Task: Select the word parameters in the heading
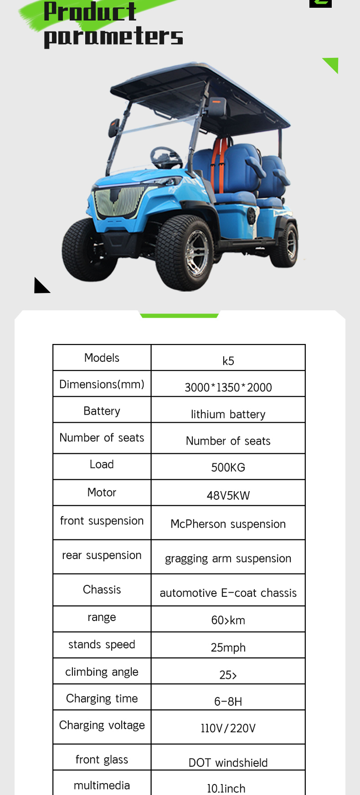[113, 37]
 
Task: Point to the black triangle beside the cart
[41, 286]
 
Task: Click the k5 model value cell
[228, 361]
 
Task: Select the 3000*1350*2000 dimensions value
[228, 387]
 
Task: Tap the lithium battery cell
[228, 414]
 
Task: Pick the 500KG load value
[228, 467]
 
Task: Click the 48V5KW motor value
[228, 495]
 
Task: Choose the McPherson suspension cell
[228, 524]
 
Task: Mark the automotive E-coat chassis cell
[228, 593]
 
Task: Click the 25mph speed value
[228, 647]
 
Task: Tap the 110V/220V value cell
[228, 728]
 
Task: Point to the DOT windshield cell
[228, 763]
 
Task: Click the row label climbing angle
[102, 672]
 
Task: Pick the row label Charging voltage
[102, 725]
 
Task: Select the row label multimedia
[102, 785]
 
